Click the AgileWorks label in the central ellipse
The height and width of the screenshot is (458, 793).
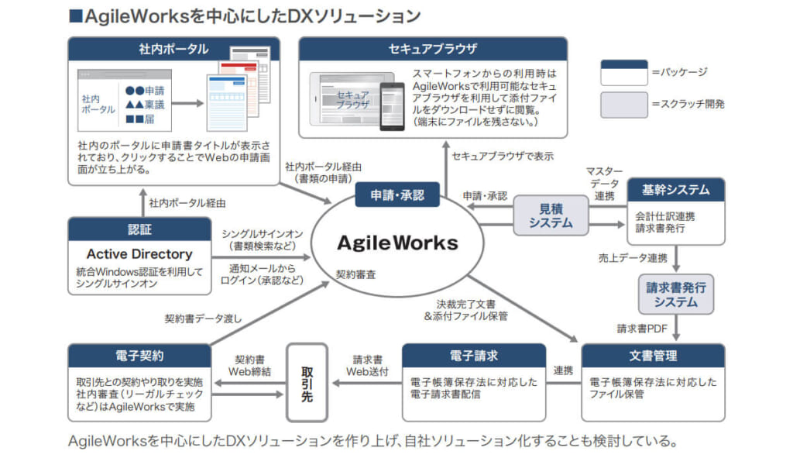(x=397, y=243)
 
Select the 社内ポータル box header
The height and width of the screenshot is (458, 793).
(x=173, y=49)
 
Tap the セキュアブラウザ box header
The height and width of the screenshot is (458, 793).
(x=433, y=49)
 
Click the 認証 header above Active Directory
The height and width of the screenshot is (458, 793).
(x=139, y=229)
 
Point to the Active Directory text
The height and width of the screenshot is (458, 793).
(x=139, y=253)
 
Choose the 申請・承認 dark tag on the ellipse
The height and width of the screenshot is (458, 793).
(x=398, y=195)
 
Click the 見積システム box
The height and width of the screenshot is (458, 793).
(x=551, y=215)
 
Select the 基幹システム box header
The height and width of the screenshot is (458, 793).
(x=675, y=189)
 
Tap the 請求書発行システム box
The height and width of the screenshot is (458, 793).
(x=675, y=294)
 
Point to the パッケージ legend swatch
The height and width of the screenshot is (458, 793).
(x=623, y=73)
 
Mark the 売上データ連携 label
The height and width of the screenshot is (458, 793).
(x=633, y=257)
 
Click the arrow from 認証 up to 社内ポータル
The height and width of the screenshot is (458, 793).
(x=142, y=203)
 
